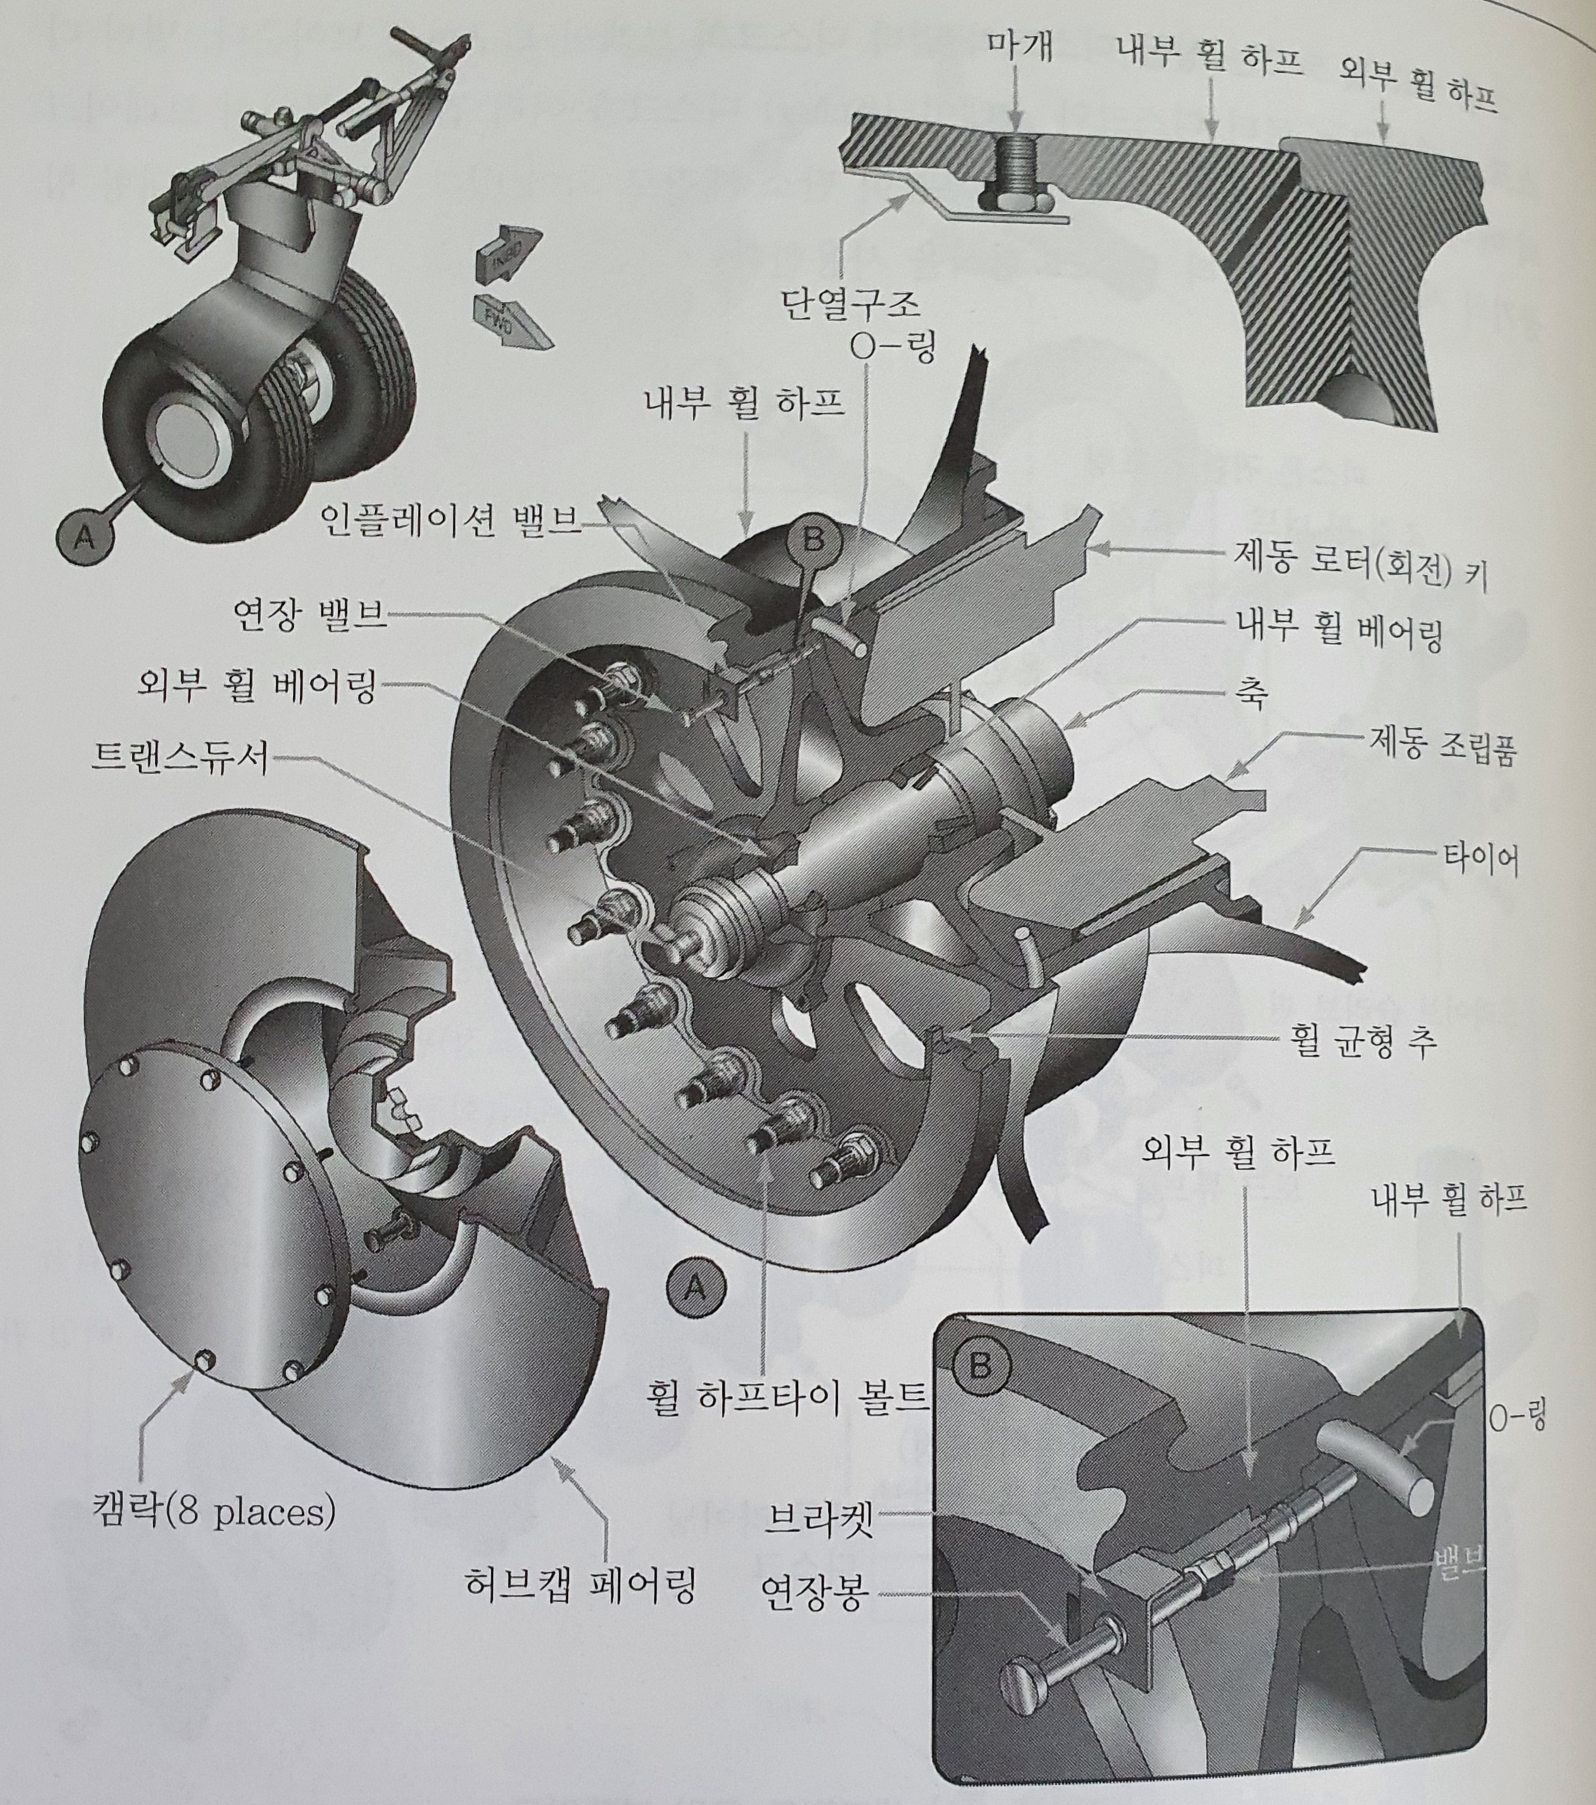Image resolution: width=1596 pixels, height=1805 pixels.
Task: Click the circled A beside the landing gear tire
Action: pos(85,535)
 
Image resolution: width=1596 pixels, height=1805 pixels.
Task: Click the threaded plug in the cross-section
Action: pos(1016,172)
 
